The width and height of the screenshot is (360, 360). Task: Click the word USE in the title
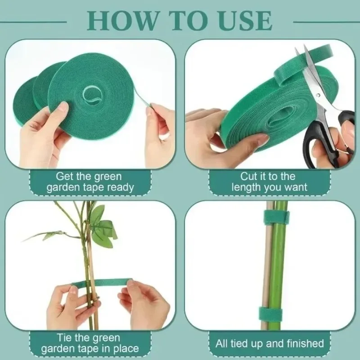click(247, 20)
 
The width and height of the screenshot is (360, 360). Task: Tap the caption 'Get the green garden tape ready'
click(89, 182)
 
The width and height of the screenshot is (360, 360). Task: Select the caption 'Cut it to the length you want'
click(270, 182)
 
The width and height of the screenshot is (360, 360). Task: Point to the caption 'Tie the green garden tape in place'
click(89, 343)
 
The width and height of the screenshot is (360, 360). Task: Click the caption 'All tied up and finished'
click(270, 343)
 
